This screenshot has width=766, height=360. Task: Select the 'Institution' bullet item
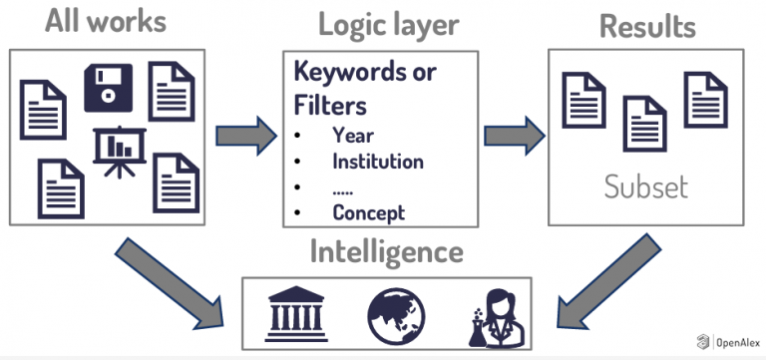click(x=378, y=161)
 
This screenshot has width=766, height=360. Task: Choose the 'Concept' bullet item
click(x=369, y=211)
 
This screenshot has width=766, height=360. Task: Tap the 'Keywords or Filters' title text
click(x=365, y=88)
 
